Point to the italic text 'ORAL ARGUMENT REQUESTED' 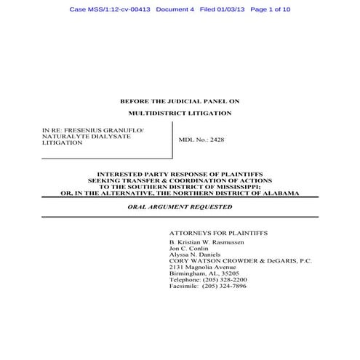point(180,207)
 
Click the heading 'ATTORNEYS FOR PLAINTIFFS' point(217,232)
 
